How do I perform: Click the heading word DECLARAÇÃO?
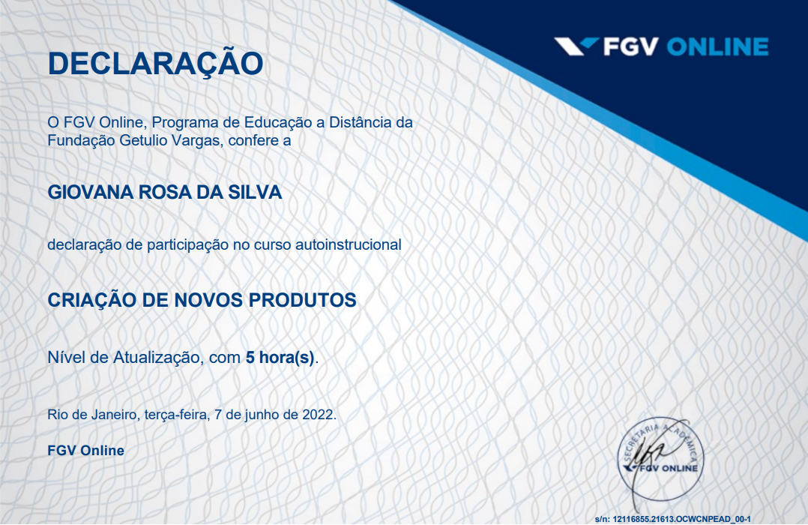(x=155, y=64)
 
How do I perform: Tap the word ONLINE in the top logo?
(x=718, y=47)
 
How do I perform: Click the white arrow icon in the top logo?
(x=576, y=46)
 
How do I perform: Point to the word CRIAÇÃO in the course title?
(x=91, y=300)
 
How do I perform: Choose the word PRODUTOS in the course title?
(x=303, y=300)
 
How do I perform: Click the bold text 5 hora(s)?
(x=280, y=358)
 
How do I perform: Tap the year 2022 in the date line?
(x=318, y=415)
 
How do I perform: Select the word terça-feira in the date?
(x=176, y=415)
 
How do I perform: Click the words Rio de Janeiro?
(x=91, y=415)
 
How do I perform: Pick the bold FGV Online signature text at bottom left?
(x=86, y=451)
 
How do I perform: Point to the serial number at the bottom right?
(x=672, y=519)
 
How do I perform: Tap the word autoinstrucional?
(x=349, y=244)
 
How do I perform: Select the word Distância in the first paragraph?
(x=361, y=123)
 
